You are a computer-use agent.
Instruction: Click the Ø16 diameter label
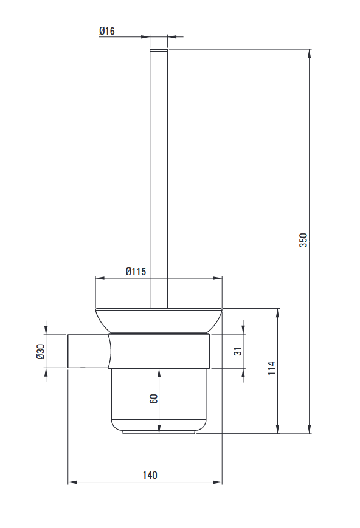(106, 30)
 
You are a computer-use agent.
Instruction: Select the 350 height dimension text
(304, 240)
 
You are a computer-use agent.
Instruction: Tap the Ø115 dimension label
(136, 272)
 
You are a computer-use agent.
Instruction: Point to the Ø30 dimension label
(41, 351)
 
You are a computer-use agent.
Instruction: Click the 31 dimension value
(238, 351)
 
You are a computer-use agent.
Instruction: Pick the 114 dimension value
(272, 368)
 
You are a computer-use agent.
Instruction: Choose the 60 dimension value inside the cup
(154, 399)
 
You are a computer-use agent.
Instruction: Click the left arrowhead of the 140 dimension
(71, 482)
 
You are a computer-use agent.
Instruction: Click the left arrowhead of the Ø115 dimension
(100, 279)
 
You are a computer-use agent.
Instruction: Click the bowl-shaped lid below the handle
(158, 321)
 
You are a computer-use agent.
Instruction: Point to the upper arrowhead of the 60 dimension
(159, 372)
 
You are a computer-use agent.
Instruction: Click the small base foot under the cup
(159, 432)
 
